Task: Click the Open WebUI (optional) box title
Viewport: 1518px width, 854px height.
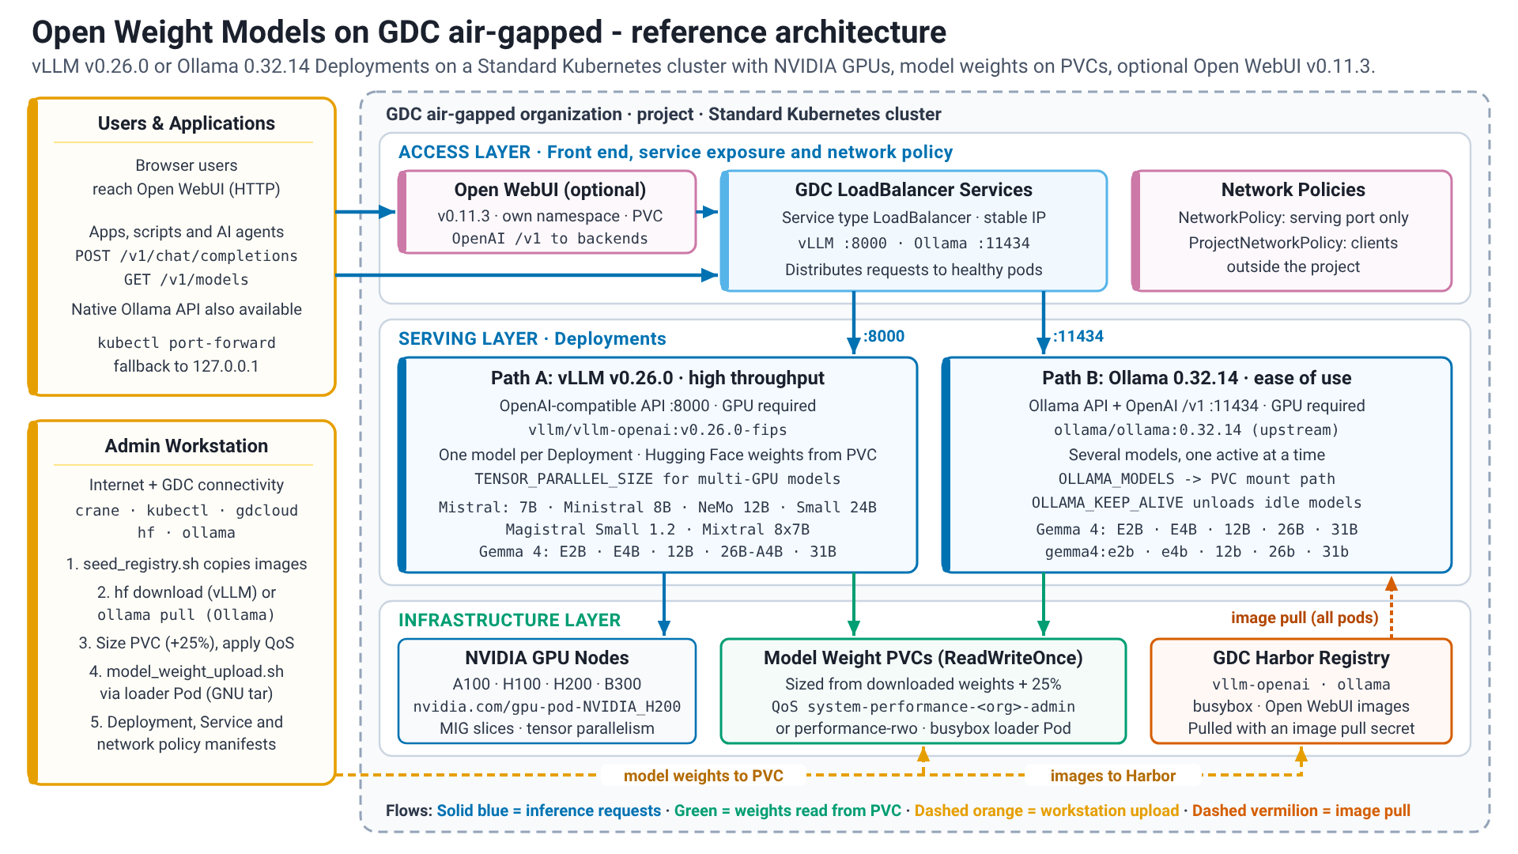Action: (x=550, y=190)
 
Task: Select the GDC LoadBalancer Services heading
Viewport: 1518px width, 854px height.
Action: (x=914, y=190)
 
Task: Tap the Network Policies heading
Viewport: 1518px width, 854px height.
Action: (x=1293, y=190)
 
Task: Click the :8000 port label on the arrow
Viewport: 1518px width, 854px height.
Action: (x=884, y=336)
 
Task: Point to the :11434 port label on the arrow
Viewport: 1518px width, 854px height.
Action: (x=1078, y=336)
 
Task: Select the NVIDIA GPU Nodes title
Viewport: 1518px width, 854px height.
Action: (x=547, y=658)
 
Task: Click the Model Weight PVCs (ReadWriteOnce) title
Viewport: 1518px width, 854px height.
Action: (x=923, y=658)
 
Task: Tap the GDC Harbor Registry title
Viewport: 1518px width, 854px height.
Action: (x=1301, y=658)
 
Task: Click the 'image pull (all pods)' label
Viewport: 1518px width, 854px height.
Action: (x=1305, y=618)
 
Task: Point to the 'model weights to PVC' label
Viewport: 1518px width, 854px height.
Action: (x=704, y=776)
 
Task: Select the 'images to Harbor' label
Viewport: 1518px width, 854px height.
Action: (x=1113, y=776)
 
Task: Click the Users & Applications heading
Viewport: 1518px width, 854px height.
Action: (x=187, y=123)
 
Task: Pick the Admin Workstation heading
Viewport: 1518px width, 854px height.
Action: (x=187, y=446)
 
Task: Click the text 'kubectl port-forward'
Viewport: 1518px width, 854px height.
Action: (x=187, y=342)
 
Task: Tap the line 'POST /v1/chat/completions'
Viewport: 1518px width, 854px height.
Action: (x=187, y=255)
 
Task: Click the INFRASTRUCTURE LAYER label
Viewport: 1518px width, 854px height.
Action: (x=510, y=620)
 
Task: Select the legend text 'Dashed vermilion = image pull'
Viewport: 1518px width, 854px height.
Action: (x=1301, y=811)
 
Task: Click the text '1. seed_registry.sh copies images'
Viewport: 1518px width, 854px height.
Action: (x=187, y=564)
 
